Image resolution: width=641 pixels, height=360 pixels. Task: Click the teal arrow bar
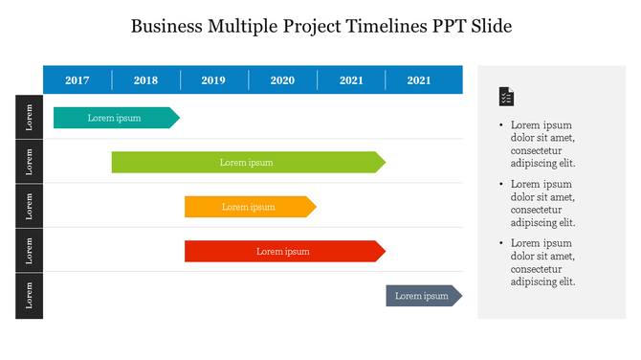coord(115,118)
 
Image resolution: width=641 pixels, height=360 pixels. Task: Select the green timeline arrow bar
coord(247,162)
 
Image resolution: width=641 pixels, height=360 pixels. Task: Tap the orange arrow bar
coord(249,207)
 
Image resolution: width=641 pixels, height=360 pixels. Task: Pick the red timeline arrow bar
coord(283,251)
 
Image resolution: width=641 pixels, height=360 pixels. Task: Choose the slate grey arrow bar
coord(423,296)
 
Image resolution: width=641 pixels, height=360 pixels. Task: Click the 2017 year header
coord(77,80)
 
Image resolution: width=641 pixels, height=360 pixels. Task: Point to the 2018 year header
coord(145,80)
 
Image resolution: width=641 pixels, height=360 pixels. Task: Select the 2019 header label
coord(213,80)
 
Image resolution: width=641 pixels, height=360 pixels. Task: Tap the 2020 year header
coord(282,80)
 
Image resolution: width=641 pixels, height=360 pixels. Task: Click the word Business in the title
coord(166,26)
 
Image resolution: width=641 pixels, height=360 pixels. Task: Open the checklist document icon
coord(506,97)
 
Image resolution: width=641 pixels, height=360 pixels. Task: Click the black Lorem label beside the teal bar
coord(29,117)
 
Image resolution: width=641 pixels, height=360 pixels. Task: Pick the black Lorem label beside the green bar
coord(29,162)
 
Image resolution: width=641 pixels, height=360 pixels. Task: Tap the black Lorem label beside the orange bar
coord(29,206)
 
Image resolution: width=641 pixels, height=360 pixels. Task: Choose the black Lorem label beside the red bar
coord(29,251)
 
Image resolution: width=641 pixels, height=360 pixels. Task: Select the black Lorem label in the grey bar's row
coord(29,296)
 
